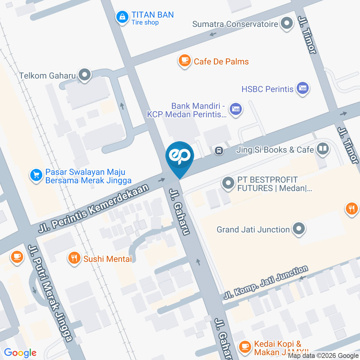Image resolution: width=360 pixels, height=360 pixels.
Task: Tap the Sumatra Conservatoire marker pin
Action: (x=287, y=24)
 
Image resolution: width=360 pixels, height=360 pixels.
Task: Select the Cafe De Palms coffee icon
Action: (x=184, y=61)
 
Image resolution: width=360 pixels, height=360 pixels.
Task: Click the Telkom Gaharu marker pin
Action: (x=85, y=75)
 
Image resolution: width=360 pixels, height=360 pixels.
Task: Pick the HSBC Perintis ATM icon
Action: (x=302, y=89)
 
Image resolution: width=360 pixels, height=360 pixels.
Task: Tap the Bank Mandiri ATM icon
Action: (x=236, y=110)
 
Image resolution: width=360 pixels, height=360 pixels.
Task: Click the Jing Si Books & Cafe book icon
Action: (x=322, y=150)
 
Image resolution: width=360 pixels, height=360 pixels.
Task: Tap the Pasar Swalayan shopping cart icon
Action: (x=36, y=175)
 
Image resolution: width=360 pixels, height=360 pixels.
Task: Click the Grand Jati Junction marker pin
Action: (x=299, y=229)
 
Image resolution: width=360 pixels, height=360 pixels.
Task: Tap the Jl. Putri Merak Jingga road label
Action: (x=50, y=293)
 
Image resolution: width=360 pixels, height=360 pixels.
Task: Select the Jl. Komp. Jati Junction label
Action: (x=266, y=282)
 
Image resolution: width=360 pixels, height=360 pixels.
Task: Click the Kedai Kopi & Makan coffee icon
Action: (x=245, y=347)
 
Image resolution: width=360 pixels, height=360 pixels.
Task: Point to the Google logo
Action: (x=20, y=353)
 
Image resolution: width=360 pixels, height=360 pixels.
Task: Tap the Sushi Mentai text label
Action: (x=108, y=258)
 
